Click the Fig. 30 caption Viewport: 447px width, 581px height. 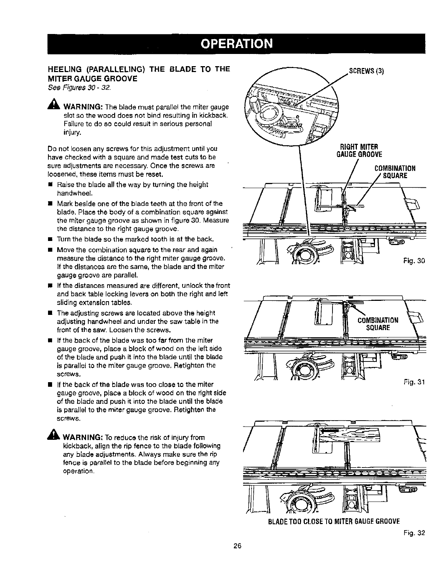click(x=414, y=261)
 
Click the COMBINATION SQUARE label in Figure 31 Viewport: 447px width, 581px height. click(x=378, y=324)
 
